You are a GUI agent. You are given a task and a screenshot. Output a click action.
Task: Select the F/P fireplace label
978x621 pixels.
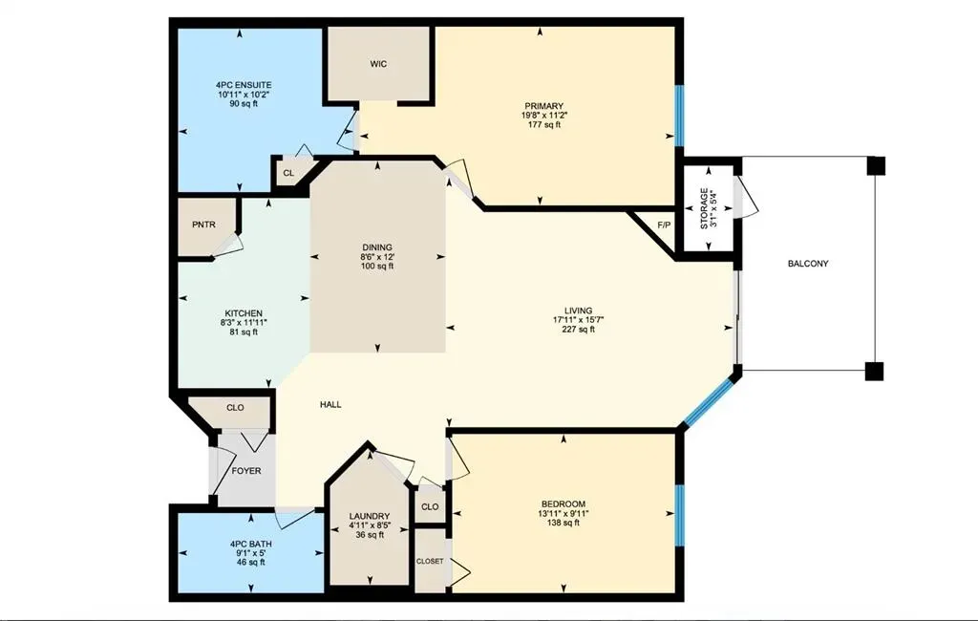pos(665,225)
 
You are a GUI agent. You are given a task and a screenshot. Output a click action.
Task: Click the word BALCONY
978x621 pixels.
pos(808,264)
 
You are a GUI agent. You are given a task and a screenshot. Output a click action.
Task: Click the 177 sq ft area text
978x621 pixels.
pos(542,124)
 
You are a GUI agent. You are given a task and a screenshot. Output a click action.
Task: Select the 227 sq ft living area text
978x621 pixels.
pos(578,330)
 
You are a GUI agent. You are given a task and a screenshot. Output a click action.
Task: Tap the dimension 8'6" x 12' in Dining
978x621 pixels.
pos(377,257)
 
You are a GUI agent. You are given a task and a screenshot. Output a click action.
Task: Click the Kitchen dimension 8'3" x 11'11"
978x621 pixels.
pos(244,323)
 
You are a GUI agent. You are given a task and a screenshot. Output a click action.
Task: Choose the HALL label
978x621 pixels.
pos(330,405)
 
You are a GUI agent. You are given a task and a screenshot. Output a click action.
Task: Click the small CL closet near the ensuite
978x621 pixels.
pos(287,174)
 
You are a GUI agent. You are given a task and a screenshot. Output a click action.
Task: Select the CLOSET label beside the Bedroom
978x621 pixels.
pos(429,561)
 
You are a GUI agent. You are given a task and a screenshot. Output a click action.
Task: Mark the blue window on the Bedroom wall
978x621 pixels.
pos(679,515)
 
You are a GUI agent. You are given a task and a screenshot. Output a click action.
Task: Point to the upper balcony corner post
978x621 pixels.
pos(875,166)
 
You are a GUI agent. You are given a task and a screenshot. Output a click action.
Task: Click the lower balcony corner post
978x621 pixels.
pos(875,372)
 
